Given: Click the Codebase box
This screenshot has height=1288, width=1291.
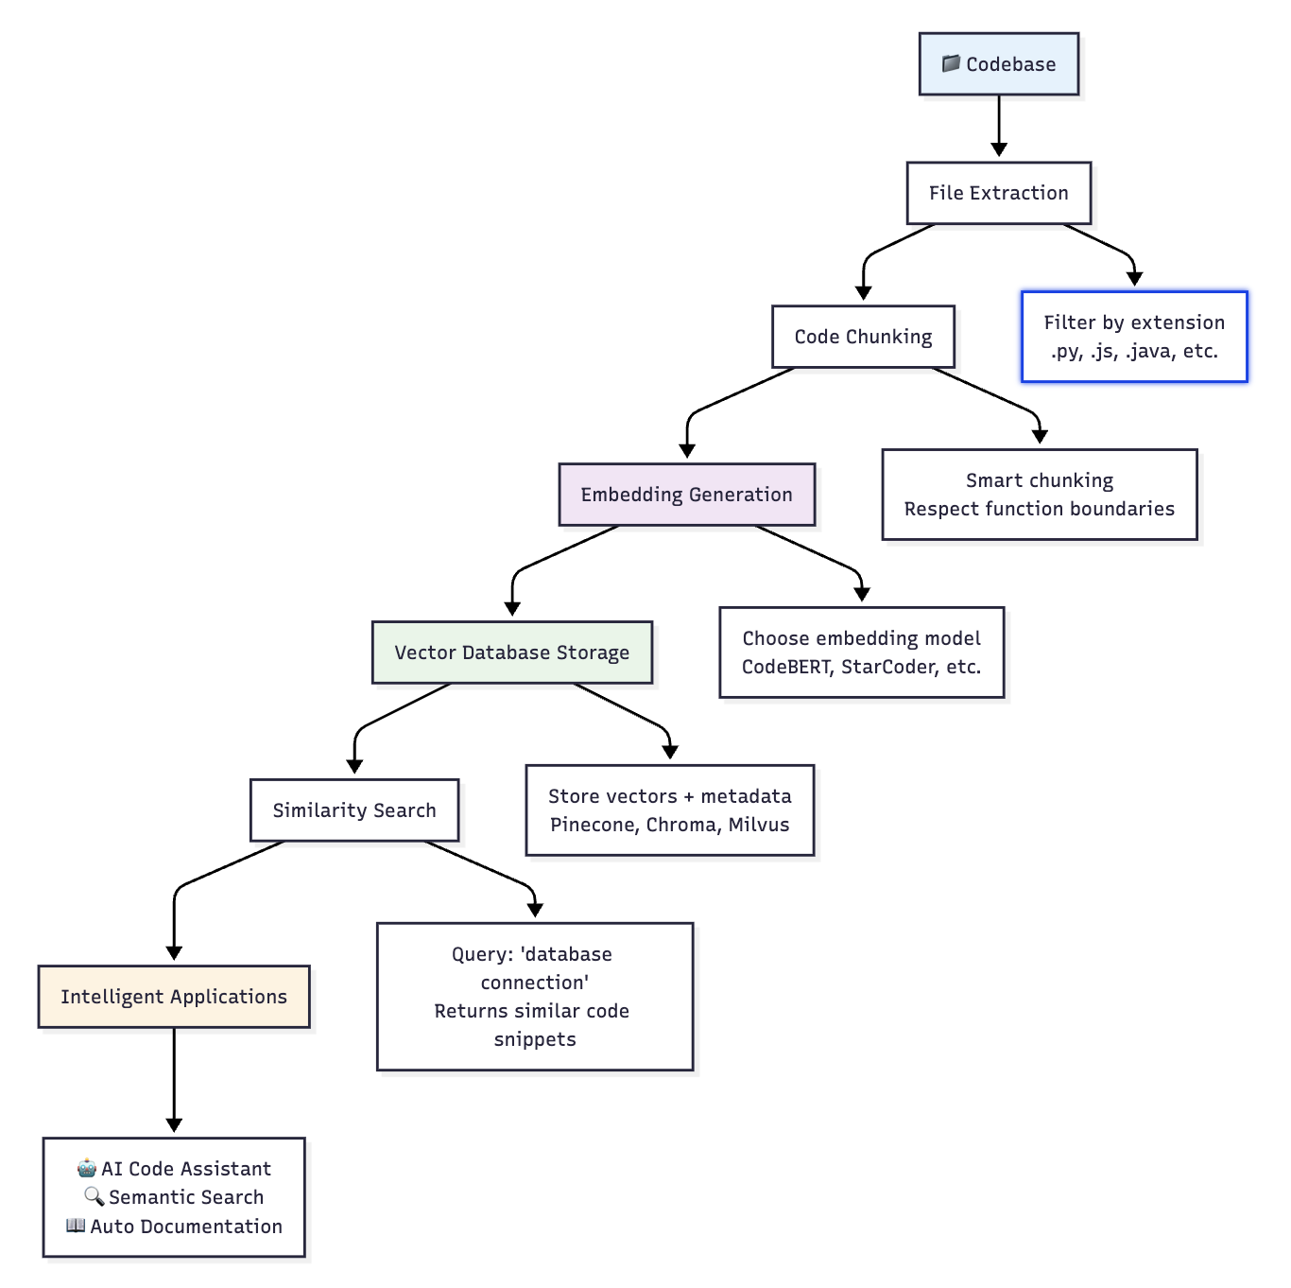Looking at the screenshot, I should click(x=998, y=64).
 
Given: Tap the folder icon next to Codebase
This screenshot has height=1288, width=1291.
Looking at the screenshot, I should click(x=951, y=63).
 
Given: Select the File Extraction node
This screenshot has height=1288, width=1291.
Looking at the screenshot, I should click(x=998, y=193).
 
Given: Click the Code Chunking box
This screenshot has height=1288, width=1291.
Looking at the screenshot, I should click(x=863, y=337).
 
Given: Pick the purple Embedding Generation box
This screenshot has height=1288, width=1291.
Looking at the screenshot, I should click(x=686, y=495).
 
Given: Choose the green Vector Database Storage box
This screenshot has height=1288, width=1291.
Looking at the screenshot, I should click(x=511, y=653).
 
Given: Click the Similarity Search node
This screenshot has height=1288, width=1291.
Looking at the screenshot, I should click(x=354, y=810).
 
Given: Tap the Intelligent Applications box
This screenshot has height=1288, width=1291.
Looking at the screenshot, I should click(x=174, y=997).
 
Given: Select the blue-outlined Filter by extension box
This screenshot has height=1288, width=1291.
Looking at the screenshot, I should click(x=1134, y=337).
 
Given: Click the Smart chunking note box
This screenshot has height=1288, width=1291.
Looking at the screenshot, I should click(x=1039, y=495).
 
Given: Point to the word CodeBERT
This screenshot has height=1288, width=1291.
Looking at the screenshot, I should click(x=785, y=667).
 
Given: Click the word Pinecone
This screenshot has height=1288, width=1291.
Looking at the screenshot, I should click(x=594, y=825).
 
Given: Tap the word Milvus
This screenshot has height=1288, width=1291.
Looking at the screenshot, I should click(x=759, y=825).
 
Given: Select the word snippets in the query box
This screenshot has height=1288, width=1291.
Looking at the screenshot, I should click(x=535, y=1039).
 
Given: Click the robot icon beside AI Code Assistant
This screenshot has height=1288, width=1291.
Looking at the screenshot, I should click(x=87, y=1168).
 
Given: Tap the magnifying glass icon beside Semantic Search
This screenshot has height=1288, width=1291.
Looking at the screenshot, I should click(x=95, y=1196).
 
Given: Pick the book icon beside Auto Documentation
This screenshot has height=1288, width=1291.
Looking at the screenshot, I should click(x=76, y=1226).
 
